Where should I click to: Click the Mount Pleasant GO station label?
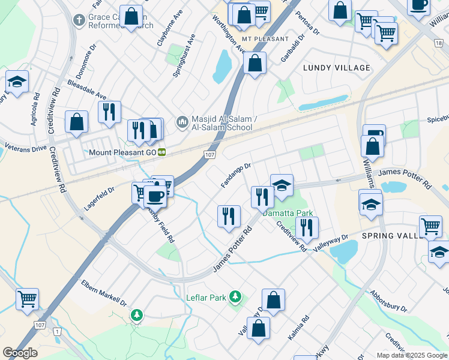(122, 152)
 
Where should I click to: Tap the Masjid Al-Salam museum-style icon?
(181, 122)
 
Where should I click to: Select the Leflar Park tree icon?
(236, 296)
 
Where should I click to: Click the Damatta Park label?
(288, 213)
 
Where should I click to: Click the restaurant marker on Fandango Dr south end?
(229, 215)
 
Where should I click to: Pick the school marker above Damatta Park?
(281, 186)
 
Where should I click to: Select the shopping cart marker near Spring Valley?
(430, 226)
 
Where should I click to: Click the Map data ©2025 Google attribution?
(411, 355)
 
